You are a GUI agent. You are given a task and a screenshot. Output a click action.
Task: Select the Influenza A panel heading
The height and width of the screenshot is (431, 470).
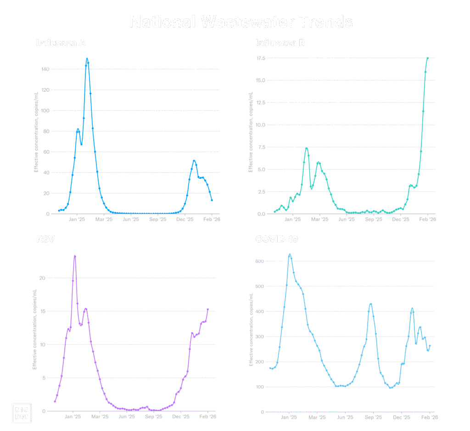point(61,43)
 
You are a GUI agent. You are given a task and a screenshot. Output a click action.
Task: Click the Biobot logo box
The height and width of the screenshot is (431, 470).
point(21,413)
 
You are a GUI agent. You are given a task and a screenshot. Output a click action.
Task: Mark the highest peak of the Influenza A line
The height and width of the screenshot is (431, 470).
point(87,59)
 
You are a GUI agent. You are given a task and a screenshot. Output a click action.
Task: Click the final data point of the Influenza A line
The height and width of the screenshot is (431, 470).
point(212,200)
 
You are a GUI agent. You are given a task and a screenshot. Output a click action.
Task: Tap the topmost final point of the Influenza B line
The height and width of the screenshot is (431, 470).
point(428,58)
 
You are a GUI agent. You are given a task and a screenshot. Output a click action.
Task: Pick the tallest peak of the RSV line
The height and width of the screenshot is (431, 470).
point(75,256)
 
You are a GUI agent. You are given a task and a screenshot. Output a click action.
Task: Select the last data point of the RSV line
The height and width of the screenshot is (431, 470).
point(208,309)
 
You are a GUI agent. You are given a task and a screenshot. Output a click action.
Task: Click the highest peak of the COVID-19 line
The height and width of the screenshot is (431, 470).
point(290,254)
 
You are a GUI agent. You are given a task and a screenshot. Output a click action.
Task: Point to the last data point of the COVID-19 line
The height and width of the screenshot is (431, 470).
point(430,346)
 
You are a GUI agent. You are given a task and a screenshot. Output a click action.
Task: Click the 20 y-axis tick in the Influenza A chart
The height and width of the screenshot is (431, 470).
point(46,193)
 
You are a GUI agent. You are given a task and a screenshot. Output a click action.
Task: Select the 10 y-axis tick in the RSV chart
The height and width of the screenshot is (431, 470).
point(43,344)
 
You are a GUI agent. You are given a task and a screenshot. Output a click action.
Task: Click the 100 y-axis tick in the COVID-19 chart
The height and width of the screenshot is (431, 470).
point(259,387)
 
